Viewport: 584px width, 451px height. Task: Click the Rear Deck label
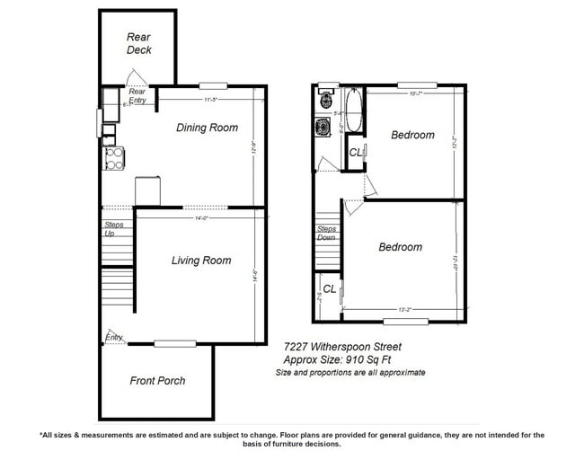tap(138, 43)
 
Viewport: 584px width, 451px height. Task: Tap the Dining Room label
tap(207, 128)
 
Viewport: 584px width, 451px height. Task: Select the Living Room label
tap(201, 261)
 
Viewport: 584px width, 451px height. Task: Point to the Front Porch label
tap(157, 381)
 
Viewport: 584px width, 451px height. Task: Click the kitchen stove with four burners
tap(114, 159)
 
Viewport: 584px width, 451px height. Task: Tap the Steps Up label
tap(114, 228)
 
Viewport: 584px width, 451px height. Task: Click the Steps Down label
tap(326, 233)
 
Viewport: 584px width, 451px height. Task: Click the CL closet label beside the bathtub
tap(356, 154)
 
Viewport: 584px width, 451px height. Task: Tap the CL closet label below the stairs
tap(330, 289)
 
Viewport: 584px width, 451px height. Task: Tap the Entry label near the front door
tap(114, 338)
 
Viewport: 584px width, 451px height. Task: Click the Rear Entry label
tap(137, 95)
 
